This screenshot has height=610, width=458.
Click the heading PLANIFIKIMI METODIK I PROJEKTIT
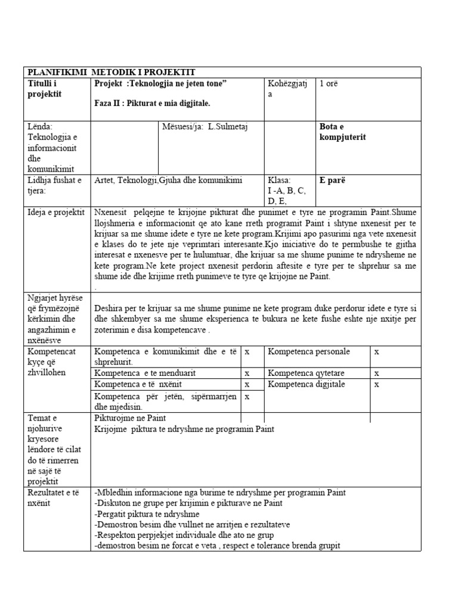click(x=112, y=72)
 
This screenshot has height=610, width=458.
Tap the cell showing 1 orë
click(x=329, y=83)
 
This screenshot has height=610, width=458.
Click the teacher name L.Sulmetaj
click(x=211, y=126)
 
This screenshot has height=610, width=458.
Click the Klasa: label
click(x=279, y=180)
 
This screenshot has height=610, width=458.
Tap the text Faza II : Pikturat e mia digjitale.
click(x=152, y=103)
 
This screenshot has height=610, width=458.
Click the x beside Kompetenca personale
click(x=376, y=352)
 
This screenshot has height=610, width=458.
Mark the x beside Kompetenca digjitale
click(x=376, y=385)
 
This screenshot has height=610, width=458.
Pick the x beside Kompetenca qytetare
click(x=376, y=373)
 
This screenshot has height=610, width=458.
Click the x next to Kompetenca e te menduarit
click(x=247, y=373)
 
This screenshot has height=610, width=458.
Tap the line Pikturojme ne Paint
click(x=130, y=418)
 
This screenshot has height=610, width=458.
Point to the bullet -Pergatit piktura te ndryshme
click(x=147, y=514)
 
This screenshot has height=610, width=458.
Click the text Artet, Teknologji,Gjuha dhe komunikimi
click(x=169, y=180)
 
